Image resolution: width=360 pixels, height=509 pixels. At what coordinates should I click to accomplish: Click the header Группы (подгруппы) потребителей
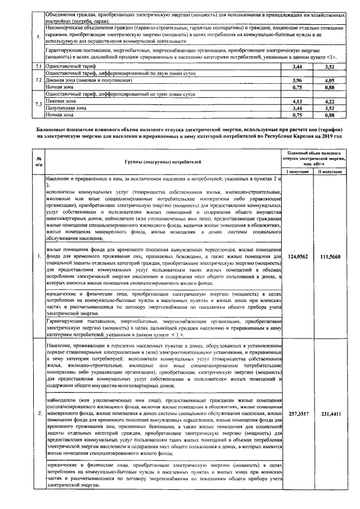tap(163, 162)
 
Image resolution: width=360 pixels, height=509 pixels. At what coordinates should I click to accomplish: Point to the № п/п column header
tap(38, 161)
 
